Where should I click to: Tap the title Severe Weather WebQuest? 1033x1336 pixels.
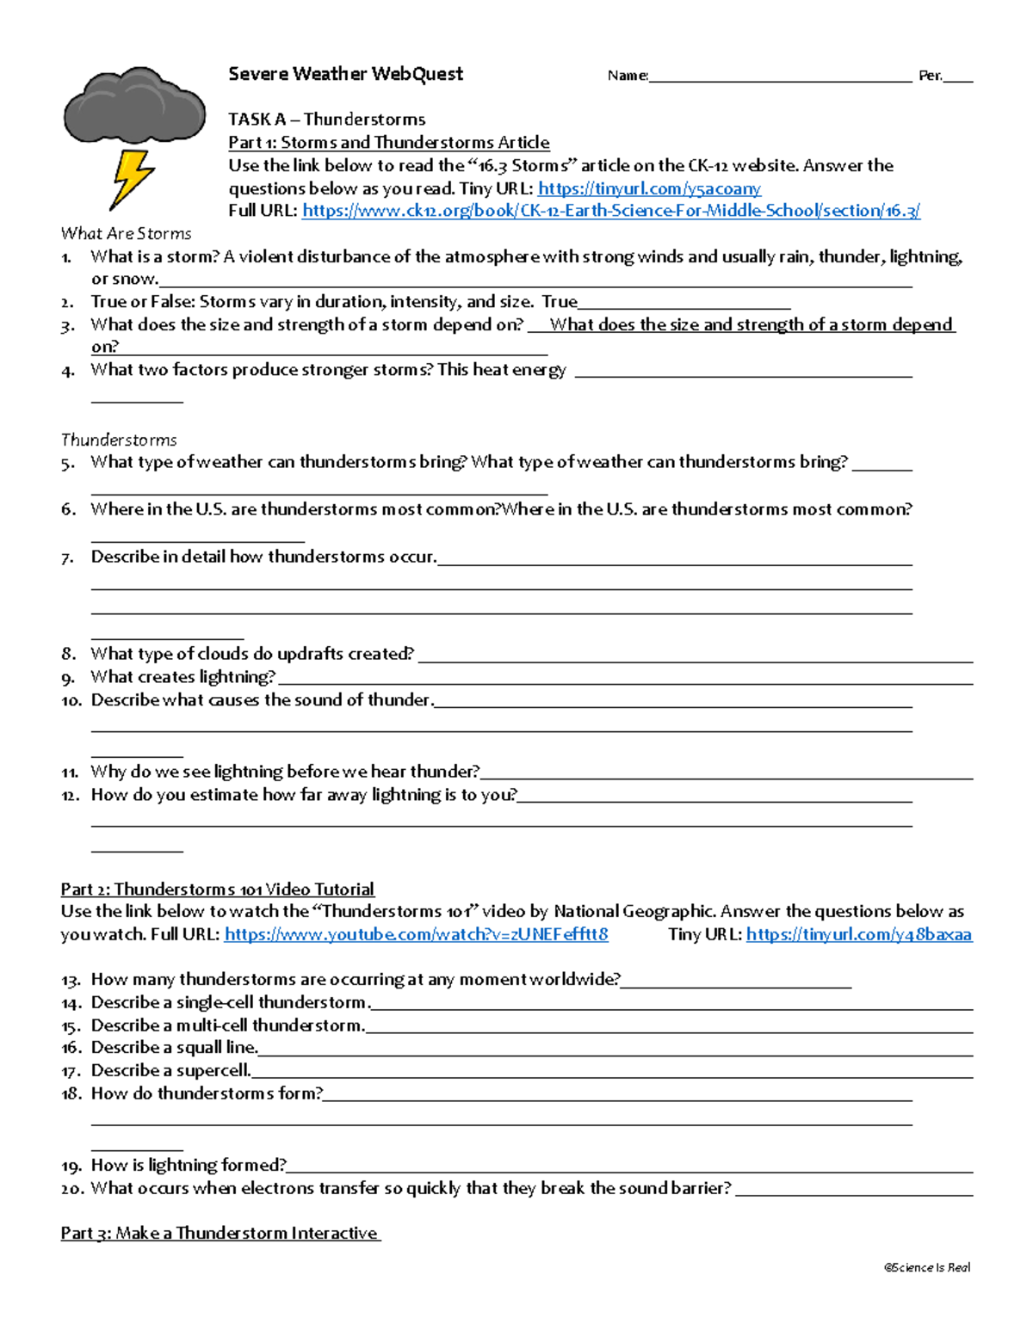point(345,74)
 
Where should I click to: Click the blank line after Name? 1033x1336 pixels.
point(780,77)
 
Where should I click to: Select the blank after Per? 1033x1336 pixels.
point(958,77)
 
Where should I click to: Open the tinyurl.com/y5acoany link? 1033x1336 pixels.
point(649,188)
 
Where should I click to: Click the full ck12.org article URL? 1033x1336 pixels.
point(611,211)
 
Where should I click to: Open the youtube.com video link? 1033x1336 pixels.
point(416,934)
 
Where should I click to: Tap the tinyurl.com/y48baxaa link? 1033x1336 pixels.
point(859,934)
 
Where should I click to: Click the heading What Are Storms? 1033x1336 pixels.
point(126,233)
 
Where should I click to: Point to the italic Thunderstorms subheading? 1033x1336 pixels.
point(119,440)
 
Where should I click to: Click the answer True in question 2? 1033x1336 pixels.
point(560,302)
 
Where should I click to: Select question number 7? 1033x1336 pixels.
point(68,557)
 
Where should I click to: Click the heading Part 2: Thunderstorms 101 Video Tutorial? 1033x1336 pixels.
point(217,890)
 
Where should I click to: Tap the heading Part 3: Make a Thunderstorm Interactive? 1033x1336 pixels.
point(220,1233)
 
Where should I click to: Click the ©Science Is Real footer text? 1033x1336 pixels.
point(927,1267)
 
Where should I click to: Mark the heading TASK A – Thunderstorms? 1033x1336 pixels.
point(326,120)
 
